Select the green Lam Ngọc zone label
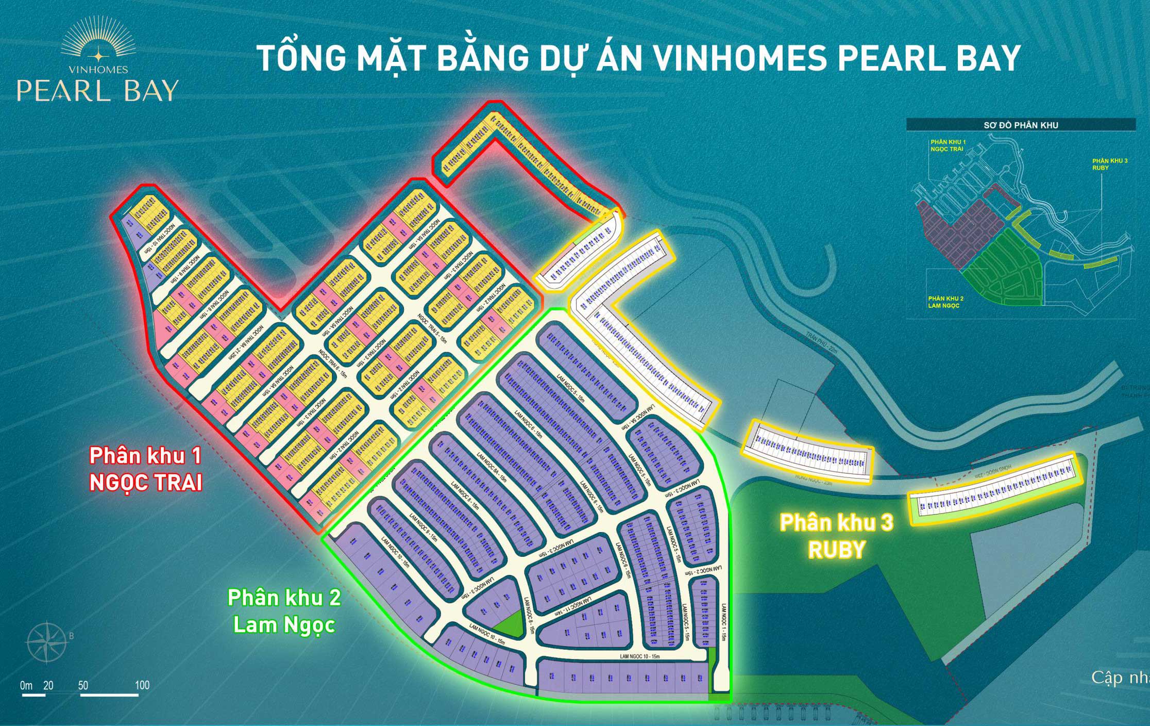click(284, 624)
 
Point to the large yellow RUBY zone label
click(836, 550)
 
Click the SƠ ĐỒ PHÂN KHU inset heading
click(1021, 125)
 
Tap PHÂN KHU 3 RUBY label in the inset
click(1110, 164)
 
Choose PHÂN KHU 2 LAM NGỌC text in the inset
click(945, 302)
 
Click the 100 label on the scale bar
click(142, 686)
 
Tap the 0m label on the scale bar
click(26, 686)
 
